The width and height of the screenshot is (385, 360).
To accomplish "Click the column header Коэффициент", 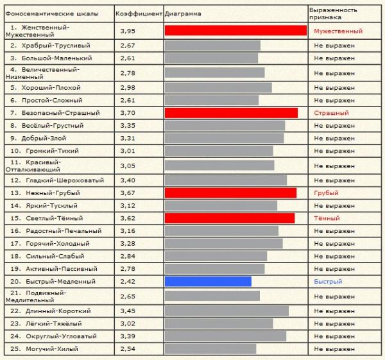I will tap(139, 13).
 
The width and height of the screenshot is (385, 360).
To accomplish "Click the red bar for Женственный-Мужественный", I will tap(235, 31).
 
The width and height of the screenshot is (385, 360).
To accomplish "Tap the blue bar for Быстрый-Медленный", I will tap(208, 282).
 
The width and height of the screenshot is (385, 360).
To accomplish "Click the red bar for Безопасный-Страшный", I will tap(231, 113).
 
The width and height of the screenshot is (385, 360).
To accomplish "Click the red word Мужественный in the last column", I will tap(338, 31).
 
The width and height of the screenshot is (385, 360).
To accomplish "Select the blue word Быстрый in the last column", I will tap(328, 282).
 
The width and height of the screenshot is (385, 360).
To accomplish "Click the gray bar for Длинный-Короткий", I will tap(227, 311).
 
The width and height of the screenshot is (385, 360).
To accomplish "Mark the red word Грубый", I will tap(326, 193).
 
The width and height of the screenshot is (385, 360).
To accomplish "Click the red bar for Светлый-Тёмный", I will tap(230, 218).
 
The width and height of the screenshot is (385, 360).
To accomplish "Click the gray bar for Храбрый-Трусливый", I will tap(212, 46).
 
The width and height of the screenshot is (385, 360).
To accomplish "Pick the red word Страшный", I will tap(331, 113).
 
